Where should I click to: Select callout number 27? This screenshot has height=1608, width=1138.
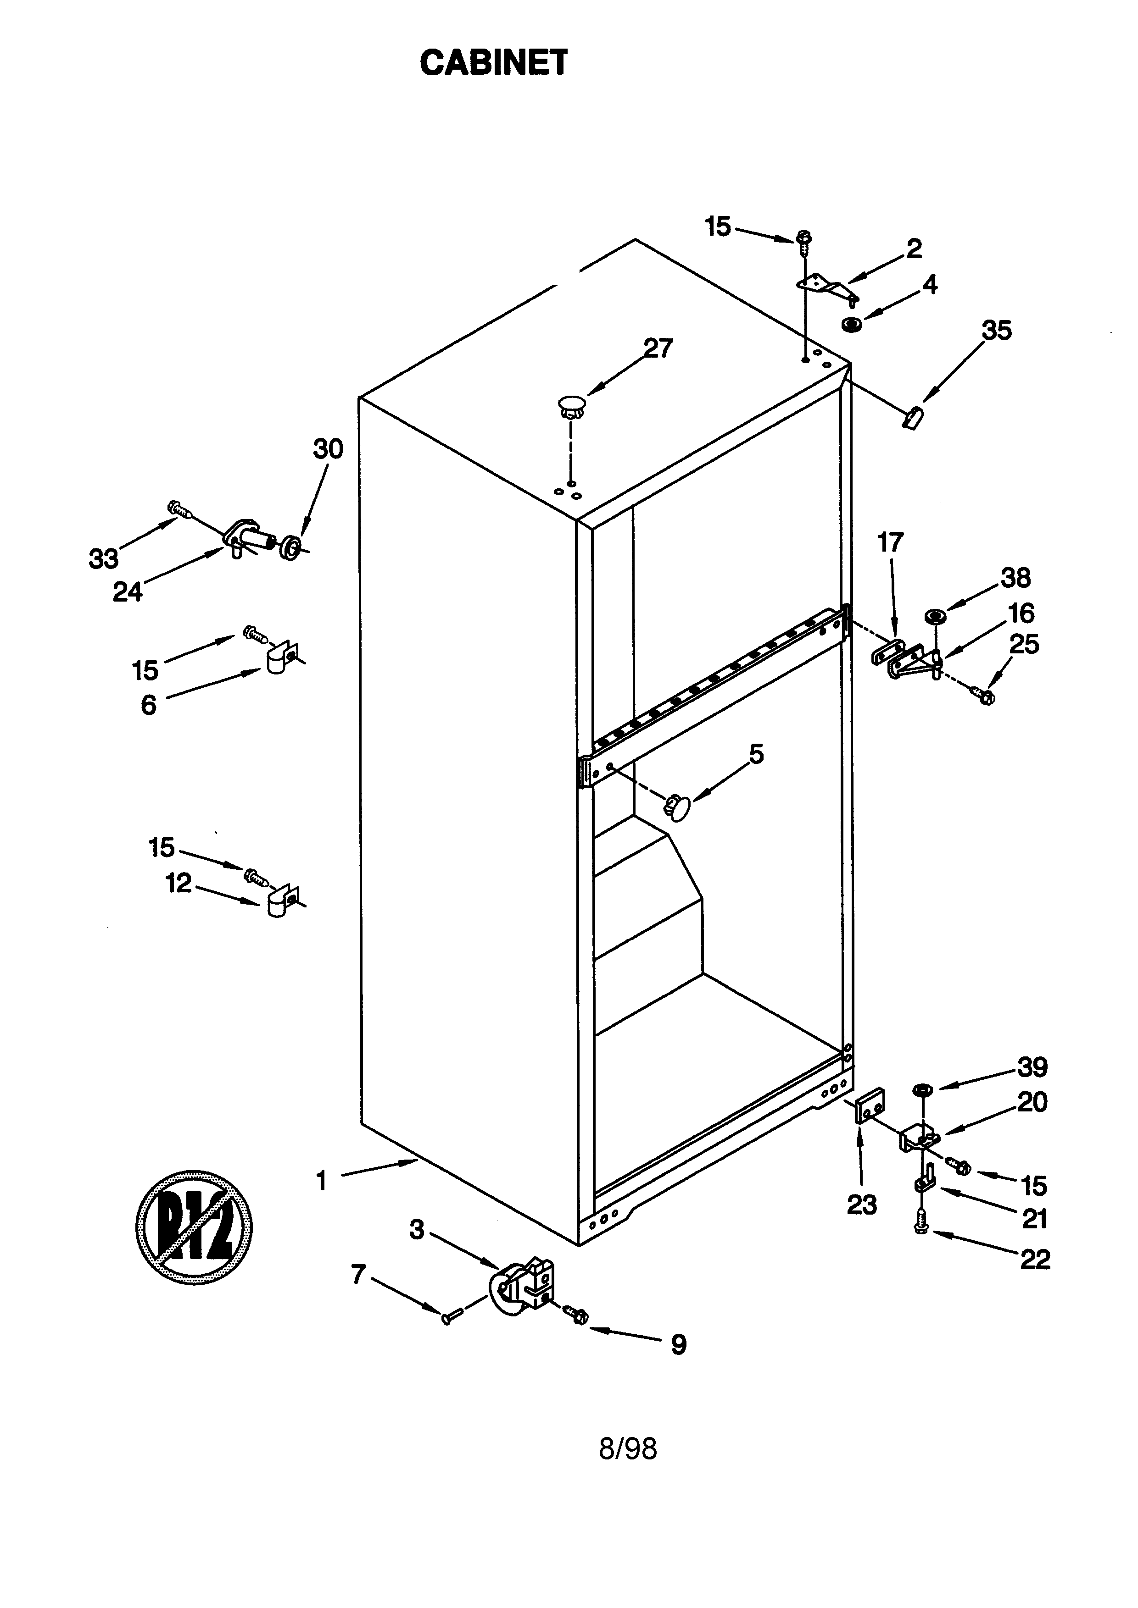click(658, 348)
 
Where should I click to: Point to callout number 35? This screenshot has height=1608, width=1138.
click(996, 331)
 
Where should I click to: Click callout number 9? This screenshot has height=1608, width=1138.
click(678, 1344)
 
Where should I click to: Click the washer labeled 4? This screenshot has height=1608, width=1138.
click(851, 324)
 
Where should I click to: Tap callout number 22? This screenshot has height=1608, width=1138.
click(1034, 1259)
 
